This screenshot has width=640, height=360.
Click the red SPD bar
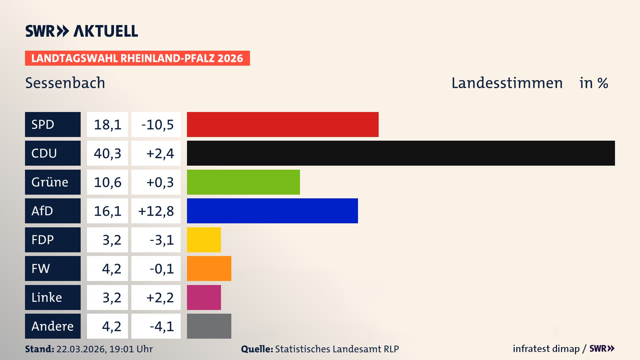point(283,124)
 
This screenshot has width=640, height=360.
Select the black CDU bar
point(401,153)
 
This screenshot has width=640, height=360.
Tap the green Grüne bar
point(243,182)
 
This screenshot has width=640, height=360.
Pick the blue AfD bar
point(272,211)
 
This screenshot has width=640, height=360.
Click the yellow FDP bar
point(204,240)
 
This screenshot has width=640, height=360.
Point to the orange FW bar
point(209,268)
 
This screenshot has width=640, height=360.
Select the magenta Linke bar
point(204,297)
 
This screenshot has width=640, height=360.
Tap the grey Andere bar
point(209,326)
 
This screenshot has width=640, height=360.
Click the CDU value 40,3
point(107,153)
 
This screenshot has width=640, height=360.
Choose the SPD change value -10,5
point(157,125)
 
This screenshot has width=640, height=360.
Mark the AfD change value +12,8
point(156,211)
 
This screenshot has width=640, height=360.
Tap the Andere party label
point(53,326)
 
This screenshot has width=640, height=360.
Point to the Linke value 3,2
point(111,297)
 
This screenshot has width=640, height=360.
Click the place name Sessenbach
point(65,83)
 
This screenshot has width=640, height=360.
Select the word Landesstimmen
point(507,83)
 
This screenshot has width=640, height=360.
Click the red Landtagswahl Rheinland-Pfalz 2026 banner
point(137,58)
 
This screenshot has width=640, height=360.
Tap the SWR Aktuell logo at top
point(82,31)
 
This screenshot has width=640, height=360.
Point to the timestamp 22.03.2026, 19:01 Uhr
point(104,349)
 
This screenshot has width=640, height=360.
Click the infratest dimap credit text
point(546,349)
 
